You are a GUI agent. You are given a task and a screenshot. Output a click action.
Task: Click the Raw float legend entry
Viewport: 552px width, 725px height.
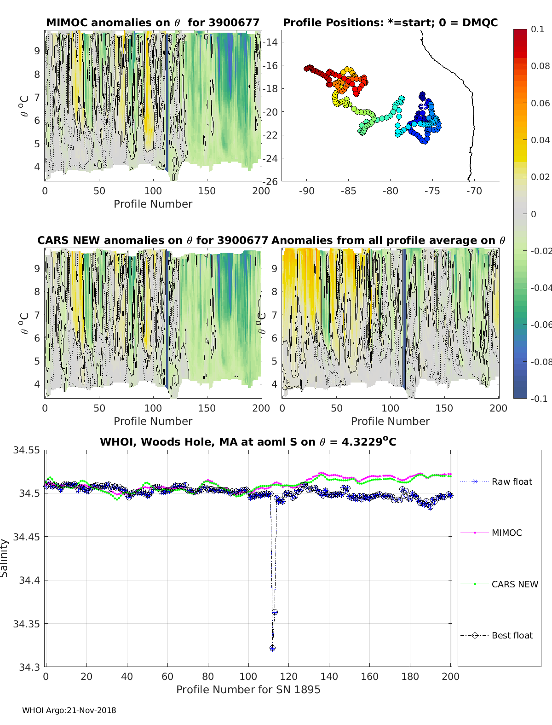click(x=512, y=481)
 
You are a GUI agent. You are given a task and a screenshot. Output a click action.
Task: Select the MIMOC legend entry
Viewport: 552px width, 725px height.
click(x=506, y=533)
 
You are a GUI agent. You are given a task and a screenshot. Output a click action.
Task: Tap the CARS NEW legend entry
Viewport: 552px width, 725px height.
click(x=514, y=584)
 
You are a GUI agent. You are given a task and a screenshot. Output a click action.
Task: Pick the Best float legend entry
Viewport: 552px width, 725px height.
click(x=512, y=635)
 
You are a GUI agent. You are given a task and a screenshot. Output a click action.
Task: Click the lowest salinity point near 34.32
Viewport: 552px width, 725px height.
click(x=272, y=648)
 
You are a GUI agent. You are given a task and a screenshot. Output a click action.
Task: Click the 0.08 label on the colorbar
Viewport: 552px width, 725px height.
click(x=540, y=66)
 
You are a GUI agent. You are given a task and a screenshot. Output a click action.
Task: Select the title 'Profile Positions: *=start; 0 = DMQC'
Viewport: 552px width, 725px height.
click(x=390, y=23)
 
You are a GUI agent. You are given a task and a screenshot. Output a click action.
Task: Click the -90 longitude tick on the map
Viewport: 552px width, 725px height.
click(x=307, y=191)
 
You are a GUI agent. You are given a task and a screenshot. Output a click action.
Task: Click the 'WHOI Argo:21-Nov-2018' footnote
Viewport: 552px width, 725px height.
click(x=69, y=710)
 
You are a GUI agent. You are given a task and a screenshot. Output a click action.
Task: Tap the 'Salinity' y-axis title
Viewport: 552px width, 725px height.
click(x=5, y=558)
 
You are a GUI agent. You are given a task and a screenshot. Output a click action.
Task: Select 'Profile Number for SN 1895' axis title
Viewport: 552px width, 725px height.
click(x=248, y=690)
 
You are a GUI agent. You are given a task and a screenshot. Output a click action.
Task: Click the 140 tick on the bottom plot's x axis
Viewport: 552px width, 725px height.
click(x=329, y=676)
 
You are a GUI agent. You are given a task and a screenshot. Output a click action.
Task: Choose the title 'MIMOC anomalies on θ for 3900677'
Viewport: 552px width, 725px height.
click(x=153, y=23)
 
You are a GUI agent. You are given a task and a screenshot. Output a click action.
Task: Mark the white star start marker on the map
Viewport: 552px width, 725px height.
click(x=422, y=106)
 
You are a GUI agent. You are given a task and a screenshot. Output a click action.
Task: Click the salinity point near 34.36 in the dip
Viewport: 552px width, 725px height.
click(x=275, y=612)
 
